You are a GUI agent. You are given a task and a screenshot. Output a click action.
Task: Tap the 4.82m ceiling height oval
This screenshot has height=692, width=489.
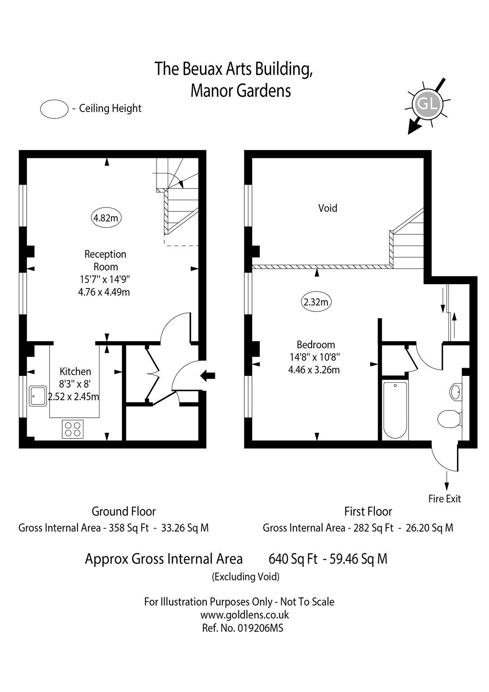coord(106,218)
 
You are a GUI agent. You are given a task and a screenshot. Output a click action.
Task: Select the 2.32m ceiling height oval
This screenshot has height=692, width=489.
coord(316,302)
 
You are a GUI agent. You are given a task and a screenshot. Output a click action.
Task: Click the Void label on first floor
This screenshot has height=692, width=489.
coord(328,208)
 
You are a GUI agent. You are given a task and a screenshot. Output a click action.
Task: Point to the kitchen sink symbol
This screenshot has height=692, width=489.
coord(38,396)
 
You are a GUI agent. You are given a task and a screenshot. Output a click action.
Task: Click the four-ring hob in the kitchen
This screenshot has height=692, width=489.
coord(73,429)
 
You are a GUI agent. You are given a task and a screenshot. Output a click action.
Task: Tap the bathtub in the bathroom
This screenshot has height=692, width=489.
coord(395,409)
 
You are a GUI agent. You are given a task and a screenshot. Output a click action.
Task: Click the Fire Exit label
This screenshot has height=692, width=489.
coord(444,499)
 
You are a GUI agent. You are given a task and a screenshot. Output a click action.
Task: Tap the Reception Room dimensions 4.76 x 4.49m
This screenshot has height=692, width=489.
coord(104,292)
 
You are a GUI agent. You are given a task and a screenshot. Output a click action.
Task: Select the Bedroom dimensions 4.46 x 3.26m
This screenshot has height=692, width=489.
coord(314,370)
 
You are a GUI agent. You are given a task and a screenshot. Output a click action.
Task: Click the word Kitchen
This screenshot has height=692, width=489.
coord(75,371)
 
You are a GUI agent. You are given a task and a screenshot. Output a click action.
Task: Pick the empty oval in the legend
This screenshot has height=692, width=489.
coord(54,108)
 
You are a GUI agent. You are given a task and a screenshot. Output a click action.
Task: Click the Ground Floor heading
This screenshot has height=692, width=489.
coord(124,511)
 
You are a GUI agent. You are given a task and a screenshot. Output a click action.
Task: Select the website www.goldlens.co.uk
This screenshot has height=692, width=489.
coord(245,615)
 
